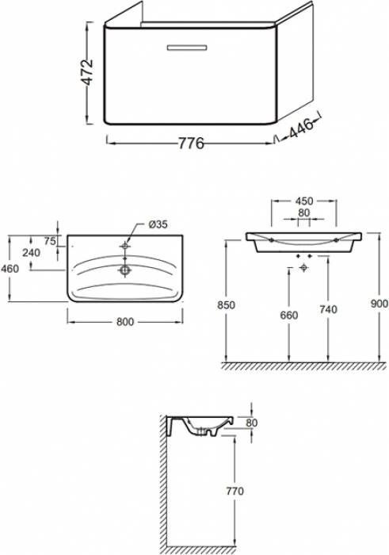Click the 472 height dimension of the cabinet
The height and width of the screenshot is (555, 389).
[87, 73]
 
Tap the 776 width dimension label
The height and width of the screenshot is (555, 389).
[191, 144]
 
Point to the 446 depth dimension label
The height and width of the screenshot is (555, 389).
[301, 128]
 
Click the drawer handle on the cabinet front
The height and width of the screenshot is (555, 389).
[187, 48]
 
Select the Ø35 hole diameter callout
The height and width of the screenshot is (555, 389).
[158, 224]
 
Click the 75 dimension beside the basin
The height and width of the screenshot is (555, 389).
[50, 241]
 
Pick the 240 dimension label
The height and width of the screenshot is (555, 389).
[31, 253]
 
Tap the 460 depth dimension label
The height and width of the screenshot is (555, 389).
[10, 269]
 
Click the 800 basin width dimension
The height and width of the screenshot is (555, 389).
[125, 321]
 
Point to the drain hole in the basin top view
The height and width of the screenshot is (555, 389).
[125, 270]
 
